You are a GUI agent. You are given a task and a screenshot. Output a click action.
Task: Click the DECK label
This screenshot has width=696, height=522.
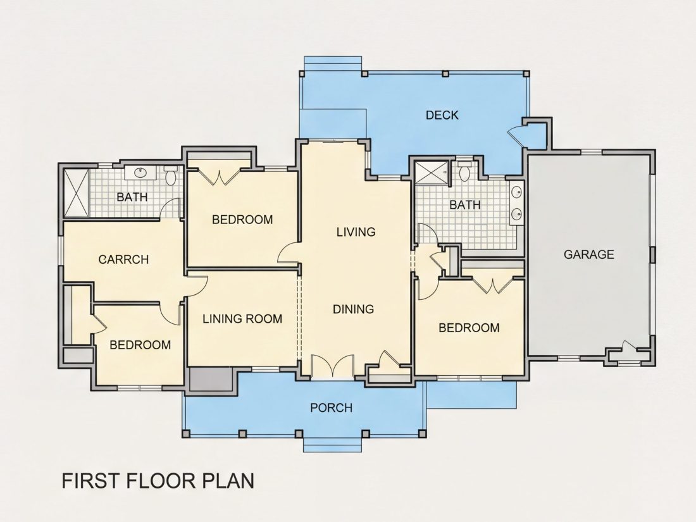click(442, 115)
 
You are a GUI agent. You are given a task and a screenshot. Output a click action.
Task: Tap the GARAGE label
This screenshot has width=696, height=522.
click(589, 254)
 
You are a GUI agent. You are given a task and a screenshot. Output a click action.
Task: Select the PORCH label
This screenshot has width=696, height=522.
click(331, 407)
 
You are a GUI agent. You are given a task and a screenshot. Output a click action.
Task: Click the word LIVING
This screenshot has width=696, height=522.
click(356, 232)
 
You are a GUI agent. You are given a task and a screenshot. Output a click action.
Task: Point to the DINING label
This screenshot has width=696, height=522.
click(353, 309)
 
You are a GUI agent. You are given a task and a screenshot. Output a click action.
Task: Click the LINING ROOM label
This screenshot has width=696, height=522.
click(242, 319)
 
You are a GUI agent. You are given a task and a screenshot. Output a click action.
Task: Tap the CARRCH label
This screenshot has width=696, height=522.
click(124, 259)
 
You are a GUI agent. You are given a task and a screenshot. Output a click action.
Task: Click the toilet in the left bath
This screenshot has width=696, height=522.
click(170, 175)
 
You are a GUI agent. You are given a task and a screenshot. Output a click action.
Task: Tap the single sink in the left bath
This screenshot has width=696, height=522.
click(140, 172)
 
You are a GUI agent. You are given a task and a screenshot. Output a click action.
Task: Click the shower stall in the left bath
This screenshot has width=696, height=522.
click(77, 192)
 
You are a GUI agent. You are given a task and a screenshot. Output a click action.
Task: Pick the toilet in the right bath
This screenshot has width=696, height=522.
click(465, 171)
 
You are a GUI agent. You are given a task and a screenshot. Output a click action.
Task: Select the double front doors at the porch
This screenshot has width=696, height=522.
click(332, 366)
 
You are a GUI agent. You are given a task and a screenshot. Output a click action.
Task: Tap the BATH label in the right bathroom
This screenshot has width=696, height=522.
click(465, 204)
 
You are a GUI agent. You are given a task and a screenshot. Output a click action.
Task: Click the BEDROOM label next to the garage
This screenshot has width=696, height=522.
click(469, 328)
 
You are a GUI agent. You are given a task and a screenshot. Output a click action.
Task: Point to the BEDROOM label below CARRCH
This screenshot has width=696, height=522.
click(140, 345)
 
